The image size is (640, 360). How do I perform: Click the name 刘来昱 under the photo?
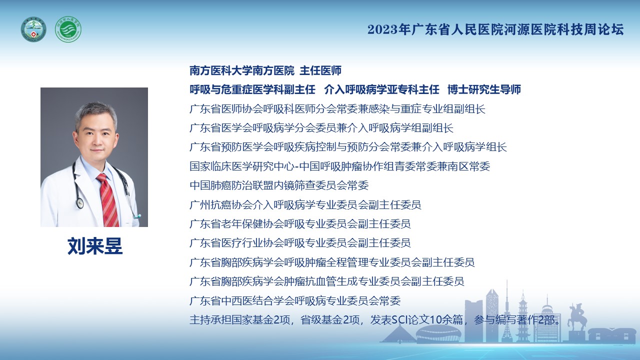pyautogui.click(x=95, y=246)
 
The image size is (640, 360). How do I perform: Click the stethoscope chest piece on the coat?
pyautogui.click(x=79, y=202)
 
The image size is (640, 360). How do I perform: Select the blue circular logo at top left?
pyautogui.click(x=33, y=29)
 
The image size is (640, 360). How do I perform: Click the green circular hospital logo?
pyautogui.click(x=68, y=29)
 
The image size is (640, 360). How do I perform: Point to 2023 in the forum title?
pyautogui.click(x=382, y=29)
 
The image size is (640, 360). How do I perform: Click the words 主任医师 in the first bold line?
pyautogui.click(x=320, y=70)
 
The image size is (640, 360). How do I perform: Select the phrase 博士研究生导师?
pyautogui.click(x=484, y=89)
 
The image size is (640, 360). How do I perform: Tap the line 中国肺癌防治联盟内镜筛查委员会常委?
pyautogui.click(x=279, y=185)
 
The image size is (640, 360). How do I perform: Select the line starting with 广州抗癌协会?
pyautogui.click(x=305, y=205)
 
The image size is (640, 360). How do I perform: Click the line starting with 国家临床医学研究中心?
pyautogui.click(x=339, y=166)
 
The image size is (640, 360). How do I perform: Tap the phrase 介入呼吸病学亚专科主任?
pyautogui.click(x=381, y=89)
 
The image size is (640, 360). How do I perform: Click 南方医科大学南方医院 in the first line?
pyautogui.click(x=241, y=70)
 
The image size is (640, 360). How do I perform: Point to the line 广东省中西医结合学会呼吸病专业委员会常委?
pyautogui.click(x=295, y=300)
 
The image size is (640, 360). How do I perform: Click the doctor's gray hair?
pyautogui.click(x=96, y=113)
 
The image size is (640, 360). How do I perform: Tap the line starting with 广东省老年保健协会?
pyautogui.click(x=300, y=224)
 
